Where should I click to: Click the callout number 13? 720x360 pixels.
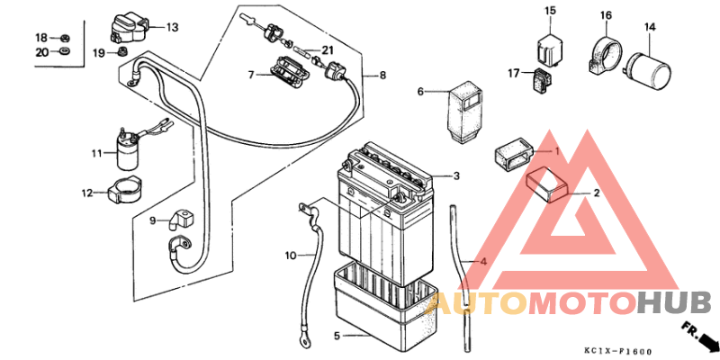point(172,27)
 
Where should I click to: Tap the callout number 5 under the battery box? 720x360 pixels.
point(337,337)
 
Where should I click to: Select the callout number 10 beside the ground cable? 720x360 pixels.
point(291,256)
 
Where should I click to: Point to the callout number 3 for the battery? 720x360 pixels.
point(456,175)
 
